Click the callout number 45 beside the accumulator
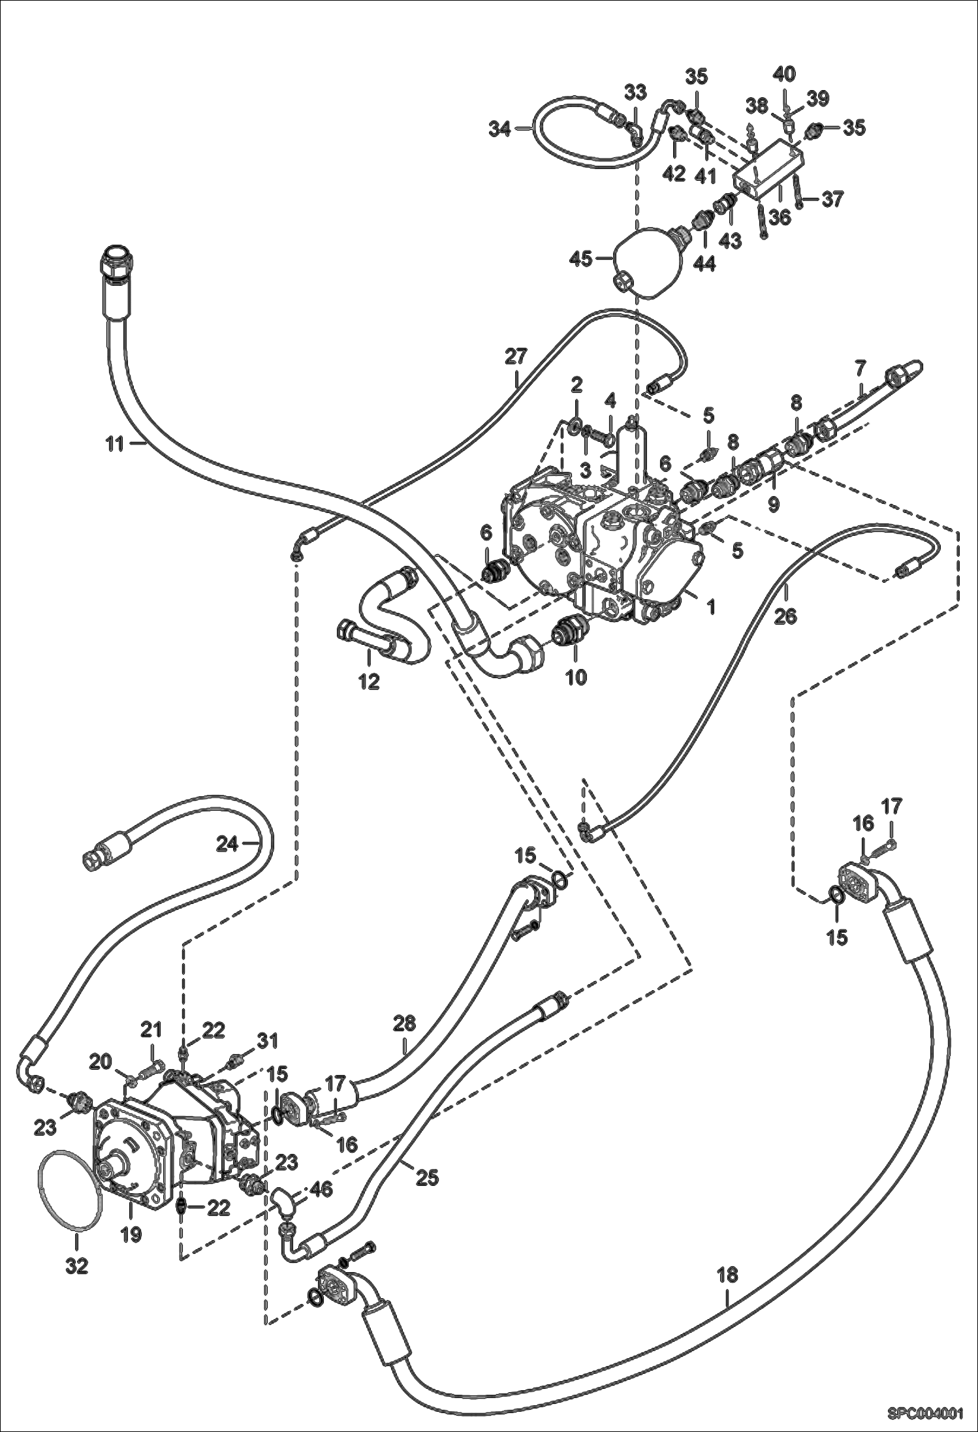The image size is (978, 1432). pyautogui.click(x=580, y=258)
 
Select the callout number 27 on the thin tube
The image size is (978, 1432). pyautogui.click(x=515, y=356)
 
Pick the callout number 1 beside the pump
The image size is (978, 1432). pyautogui.click(x=711, y=607)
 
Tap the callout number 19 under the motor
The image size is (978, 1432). pyautogui.click(x=131, y=1236)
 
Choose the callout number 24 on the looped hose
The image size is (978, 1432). pyautogui.click(x=227, y=844)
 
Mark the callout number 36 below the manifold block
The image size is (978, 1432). pyautogui.click(x=780, y=217)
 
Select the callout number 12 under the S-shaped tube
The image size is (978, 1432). pyautogui.click(x=368, y=681)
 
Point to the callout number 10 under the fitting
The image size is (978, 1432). pyautogui.click(x=576, y=677)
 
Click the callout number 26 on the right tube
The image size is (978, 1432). pyautogui.click(x=785, y=615)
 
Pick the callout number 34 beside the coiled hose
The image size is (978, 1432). pyautogui.click(x=501, y=129)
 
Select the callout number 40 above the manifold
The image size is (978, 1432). pyautogui.click(x=784, y=74)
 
